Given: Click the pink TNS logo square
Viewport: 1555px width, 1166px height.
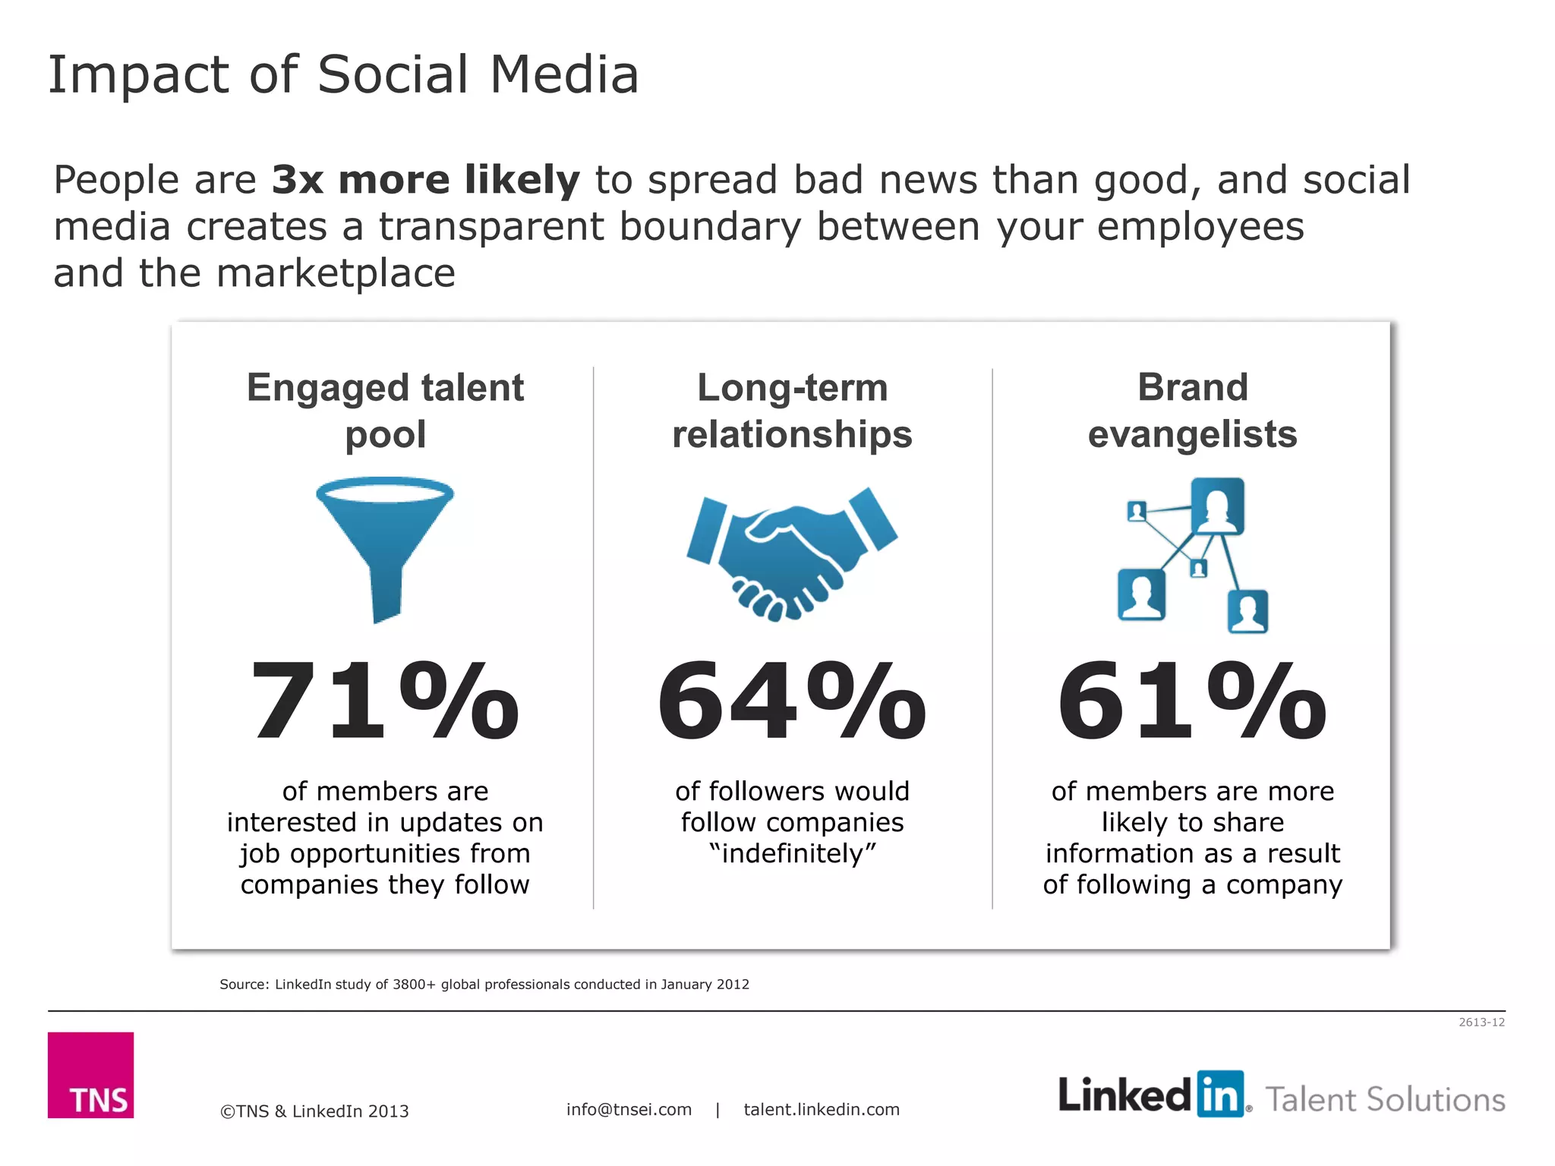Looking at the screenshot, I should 90,1074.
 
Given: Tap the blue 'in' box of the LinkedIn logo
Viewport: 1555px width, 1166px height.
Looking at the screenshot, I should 1220,1094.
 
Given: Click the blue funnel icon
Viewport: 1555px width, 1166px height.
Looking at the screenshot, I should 385,543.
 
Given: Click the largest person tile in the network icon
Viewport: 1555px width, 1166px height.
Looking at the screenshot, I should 1217,506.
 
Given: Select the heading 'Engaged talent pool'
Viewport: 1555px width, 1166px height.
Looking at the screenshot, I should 385,411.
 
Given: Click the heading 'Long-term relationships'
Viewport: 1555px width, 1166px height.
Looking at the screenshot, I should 792,411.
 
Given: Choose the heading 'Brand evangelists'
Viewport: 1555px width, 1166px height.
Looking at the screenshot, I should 1192,411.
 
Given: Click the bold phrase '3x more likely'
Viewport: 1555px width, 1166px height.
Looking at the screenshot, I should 425,181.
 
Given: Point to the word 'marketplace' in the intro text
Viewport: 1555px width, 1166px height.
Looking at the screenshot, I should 336,273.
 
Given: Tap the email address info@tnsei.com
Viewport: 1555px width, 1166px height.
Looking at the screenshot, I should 629,1109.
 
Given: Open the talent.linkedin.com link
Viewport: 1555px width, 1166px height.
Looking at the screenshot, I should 822,1109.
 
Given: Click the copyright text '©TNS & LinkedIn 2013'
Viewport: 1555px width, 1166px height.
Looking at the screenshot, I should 314,1111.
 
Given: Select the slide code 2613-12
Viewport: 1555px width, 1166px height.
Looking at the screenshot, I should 1481,1023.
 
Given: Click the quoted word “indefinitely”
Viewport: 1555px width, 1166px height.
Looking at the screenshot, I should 792,854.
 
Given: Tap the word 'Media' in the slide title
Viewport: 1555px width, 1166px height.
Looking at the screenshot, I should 564,75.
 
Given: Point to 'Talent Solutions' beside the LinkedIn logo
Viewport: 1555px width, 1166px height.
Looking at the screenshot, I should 1385,1099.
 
